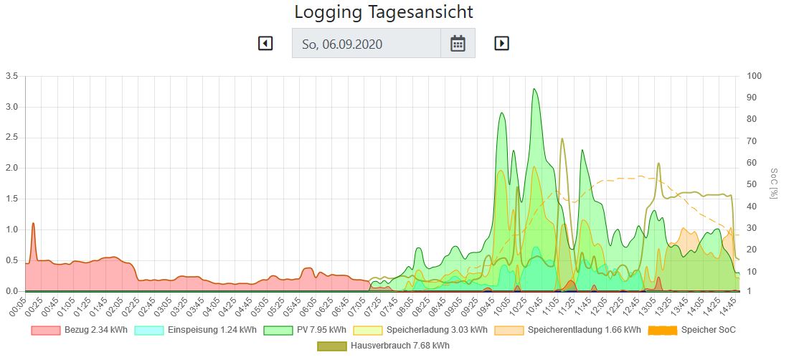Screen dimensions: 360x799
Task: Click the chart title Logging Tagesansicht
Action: click(384, 12)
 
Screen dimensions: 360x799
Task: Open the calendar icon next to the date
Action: click(458, 44)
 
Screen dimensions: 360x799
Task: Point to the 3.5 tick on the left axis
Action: click(11, 76)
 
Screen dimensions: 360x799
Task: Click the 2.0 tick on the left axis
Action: click(11, 169)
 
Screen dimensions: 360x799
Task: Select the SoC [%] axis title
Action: click(774, 184)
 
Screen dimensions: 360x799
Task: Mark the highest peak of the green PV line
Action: click(534, 89)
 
